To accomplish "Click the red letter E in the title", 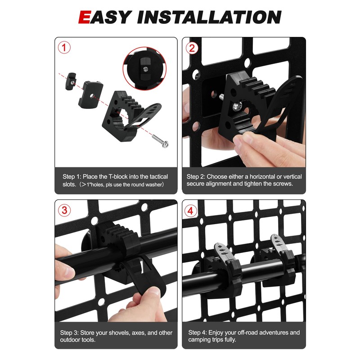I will [x=86, y=17].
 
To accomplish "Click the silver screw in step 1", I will [x=159, y=141].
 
